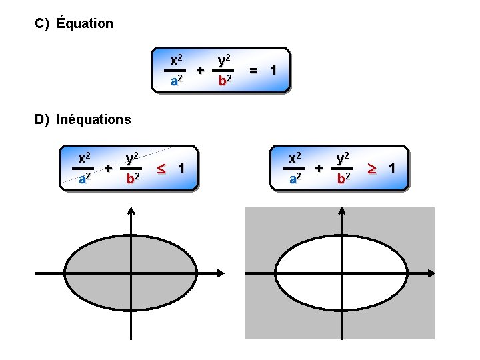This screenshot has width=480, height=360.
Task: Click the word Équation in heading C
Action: click(85, 24)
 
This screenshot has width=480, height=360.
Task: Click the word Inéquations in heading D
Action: click(94, 120)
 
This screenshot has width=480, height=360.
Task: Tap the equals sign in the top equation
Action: click(253, 69)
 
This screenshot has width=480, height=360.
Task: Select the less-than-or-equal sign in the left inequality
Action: click(161, 167)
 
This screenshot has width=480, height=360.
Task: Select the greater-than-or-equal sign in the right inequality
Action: click(372, 167)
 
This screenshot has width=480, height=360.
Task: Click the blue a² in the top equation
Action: click(177, 81)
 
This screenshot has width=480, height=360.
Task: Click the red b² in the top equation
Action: click(225, 81)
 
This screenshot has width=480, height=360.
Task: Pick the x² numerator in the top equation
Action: click(177, 59)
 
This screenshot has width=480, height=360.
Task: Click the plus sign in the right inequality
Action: click(319, 169)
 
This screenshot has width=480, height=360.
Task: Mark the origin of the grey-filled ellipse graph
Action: click(131, 273)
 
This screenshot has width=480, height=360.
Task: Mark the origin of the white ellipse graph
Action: click(342, 273)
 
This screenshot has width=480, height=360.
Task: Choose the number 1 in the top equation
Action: click(273, 69)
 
